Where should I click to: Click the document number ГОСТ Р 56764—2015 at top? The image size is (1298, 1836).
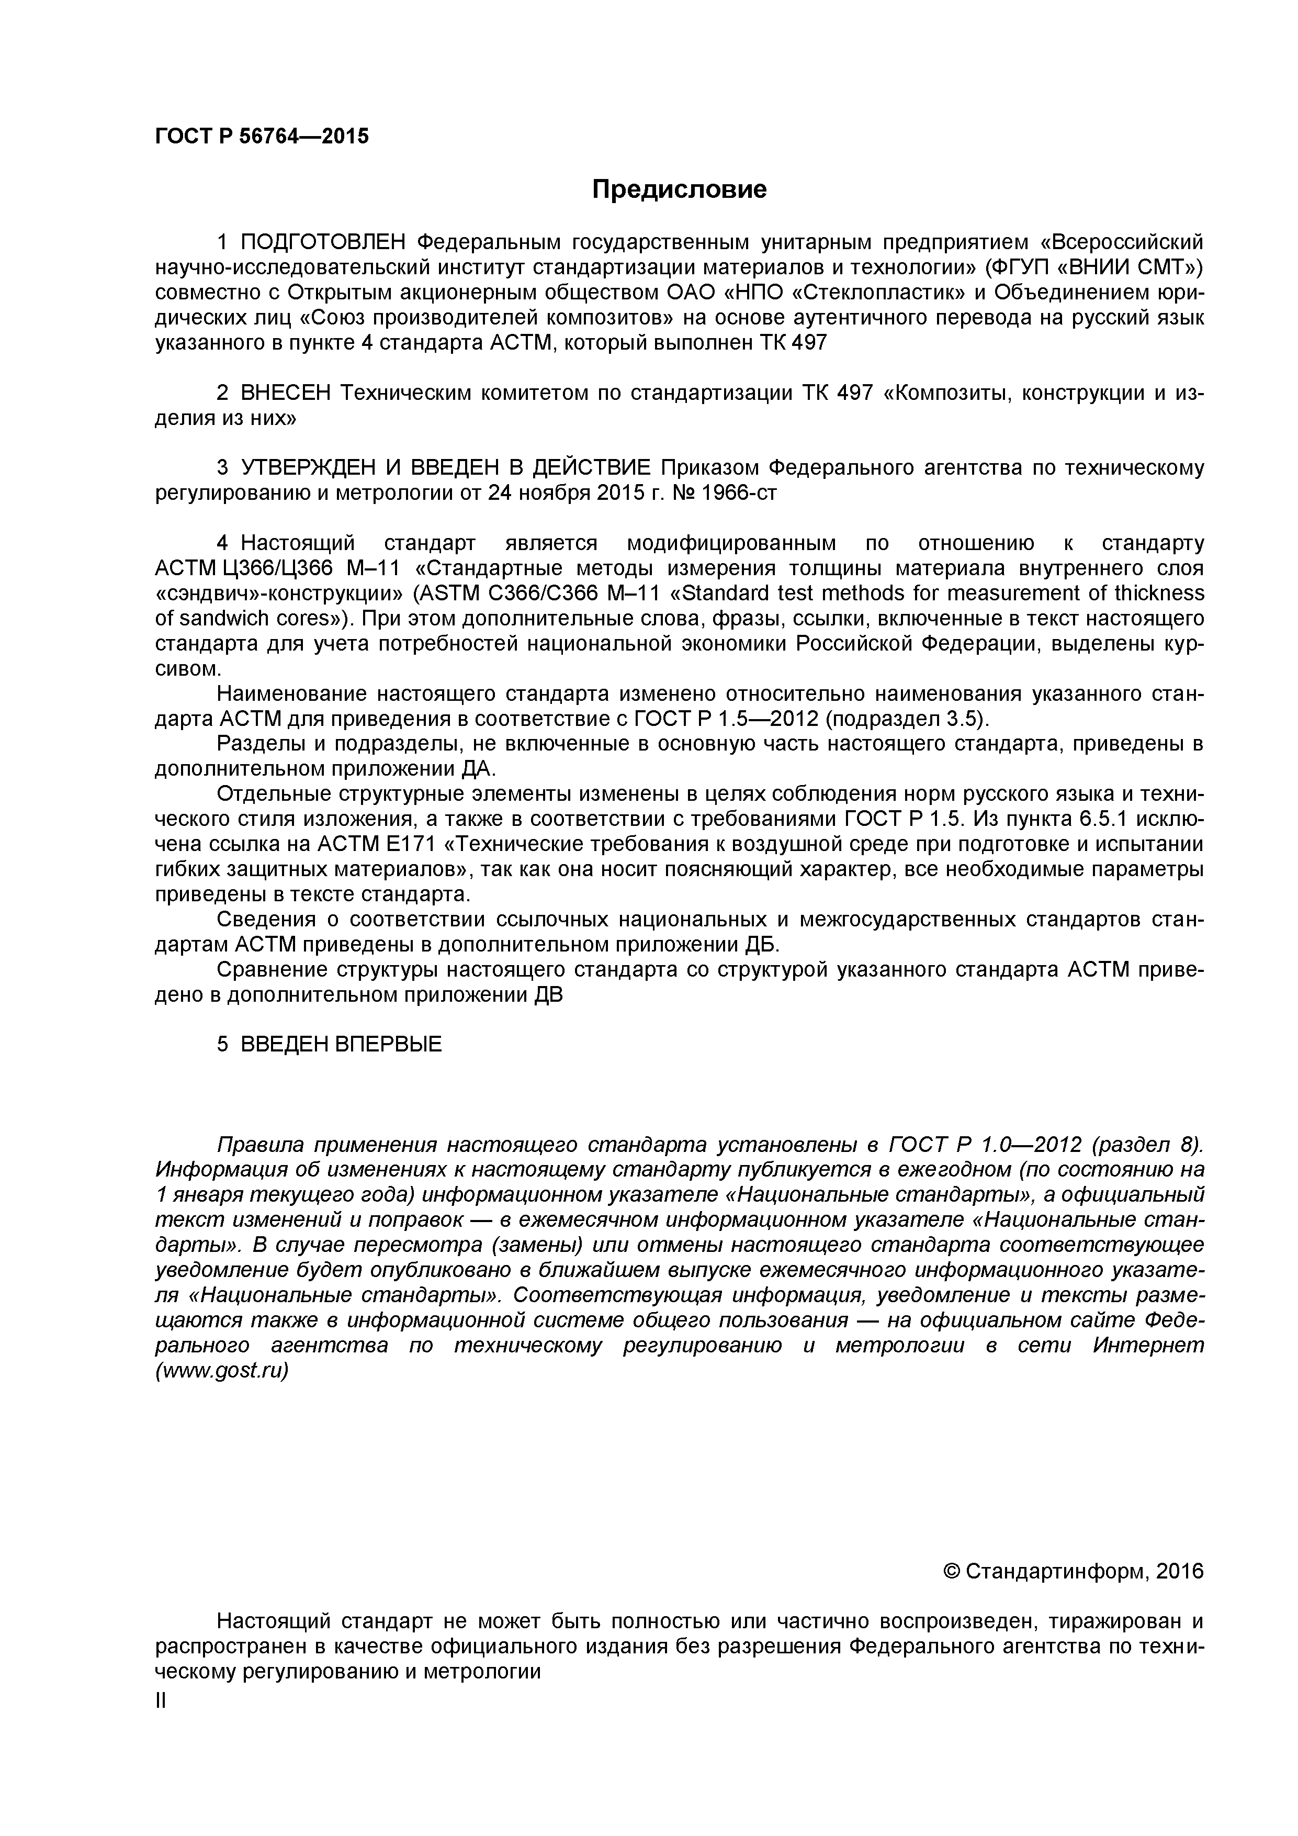click(x=262, y=137)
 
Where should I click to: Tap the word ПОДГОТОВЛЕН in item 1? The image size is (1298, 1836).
click(x=324, y=241)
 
